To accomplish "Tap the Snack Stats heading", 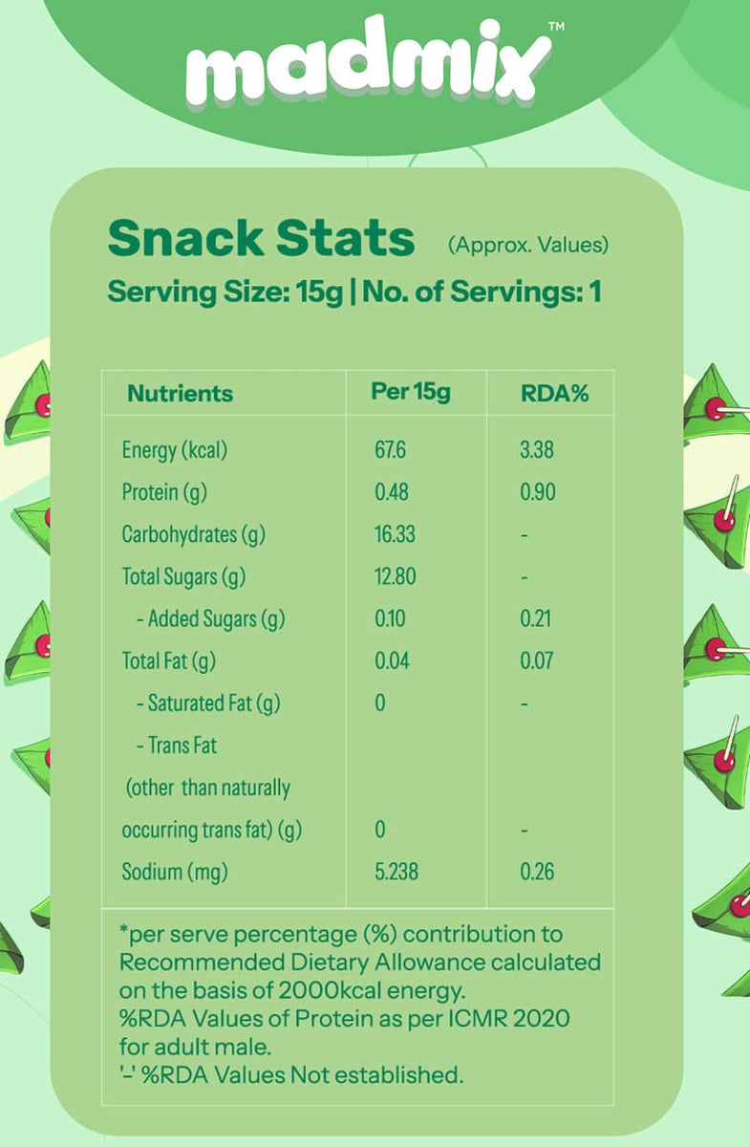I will pos(261,237).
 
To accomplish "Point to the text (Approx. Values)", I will pos(527,244).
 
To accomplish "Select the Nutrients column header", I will pos(180,393).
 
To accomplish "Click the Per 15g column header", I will pos(410,392).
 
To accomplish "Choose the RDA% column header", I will pos(553,393).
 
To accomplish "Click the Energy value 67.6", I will pos(390,449).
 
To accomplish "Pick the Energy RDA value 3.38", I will pos(536,449).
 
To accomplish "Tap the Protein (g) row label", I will pos(164,492).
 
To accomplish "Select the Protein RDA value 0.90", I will pos(537,492).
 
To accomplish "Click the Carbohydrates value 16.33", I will pos(395,534).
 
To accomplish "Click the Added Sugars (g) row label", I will pos(210,618).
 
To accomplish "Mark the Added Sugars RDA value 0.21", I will pos(535,618).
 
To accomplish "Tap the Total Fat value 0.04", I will pos(391,660).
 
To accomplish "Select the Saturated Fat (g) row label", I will pos(207,703).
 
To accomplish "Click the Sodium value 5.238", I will pos(396,871).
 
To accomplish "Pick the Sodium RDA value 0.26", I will pos(537,871).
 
